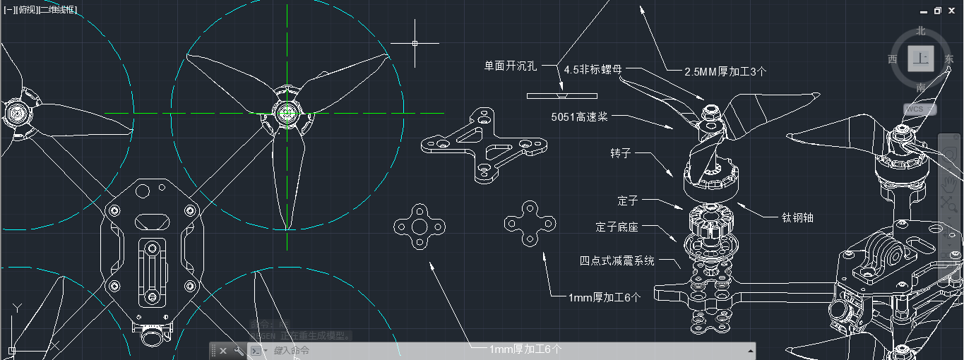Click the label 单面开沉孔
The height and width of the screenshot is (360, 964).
510,66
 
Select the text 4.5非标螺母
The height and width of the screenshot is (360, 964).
593,69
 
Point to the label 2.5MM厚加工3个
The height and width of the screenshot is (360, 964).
725,71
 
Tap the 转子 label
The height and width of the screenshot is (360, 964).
620,153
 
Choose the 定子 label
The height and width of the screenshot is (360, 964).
627,201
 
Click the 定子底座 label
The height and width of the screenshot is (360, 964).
617,227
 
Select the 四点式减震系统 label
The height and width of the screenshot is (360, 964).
617,260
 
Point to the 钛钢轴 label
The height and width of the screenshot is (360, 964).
797,217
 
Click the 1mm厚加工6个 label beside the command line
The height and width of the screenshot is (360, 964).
525,349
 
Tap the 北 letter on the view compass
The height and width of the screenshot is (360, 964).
920,30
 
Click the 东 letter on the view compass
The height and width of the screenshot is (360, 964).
948,59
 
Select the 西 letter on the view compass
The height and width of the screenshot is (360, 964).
893,59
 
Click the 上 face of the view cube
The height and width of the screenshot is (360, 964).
920,59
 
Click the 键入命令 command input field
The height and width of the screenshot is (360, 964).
494,350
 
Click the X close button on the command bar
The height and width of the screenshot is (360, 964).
223,351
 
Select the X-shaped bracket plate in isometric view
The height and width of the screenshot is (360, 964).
482,147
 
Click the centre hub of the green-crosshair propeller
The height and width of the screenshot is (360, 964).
287,112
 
